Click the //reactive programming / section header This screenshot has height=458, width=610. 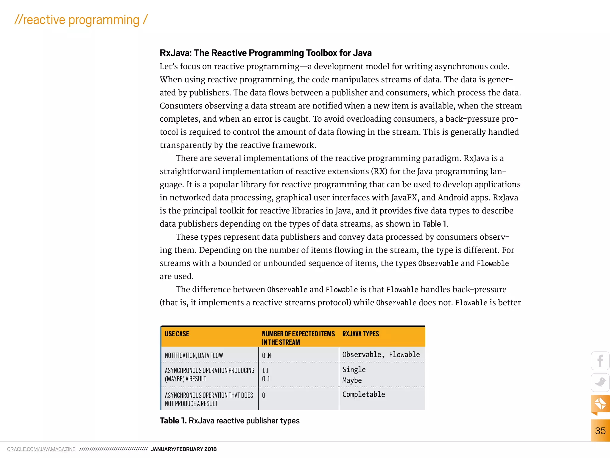(81, 20)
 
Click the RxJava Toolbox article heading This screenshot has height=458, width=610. (265, 53)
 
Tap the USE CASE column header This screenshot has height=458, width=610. (177, 334)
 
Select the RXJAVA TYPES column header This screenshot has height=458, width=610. (360, 334)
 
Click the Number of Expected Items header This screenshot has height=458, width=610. (298, 338)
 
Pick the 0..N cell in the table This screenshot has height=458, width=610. (266, 355)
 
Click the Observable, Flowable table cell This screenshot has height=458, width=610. (381, 355)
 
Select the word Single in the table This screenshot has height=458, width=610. (354, 369)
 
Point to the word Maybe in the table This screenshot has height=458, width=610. (352, 380)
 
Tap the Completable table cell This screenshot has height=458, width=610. (363, 394)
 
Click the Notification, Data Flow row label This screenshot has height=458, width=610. (194, 355)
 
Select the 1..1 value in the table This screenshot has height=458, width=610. (265, 370)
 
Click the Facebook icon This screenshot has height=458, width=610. (600, 361)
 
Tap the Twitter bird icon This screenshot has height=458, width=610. (600, 382)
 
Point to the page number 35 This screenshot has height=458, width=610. (600, 431)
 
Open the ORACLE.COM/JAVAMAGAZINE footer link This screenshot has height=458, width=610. (41, 449)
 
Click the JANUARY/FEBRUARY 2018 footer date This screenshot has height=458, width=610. (184, 449)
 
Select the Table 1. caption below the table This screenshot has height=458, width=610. (229, 421)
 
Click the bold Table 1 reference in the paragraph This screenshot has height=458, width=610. (435, 224)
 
